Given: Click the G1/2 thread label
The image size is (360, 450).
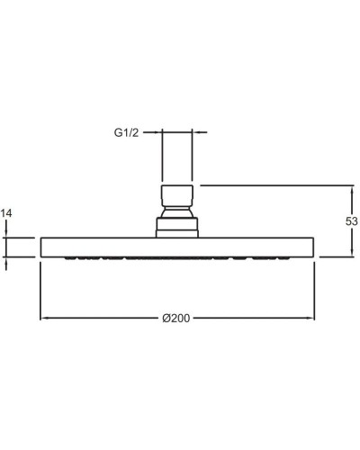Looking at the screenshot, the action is click(126, 132).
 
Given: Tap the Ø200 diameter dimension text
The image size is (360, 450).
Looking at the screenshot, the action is click(176, 318).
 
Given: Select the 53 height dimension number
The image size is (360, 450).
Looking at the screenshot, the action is click(352, 221).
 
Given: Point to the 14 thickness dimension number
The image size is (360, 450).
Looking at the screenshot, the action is click(6, 213).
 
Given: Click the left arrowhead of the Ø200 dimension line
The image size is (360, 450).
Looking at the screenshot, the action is click(44, 318).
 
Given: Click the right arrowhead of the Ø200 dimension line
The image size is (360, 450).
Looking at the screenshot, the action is click(310, 318).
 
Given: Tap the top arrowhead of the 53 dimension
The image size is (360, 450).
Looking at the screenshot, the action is click(353, 189).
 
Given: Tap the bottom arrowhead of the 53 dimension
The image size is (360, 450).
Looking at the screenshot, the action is click(353, 253).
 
